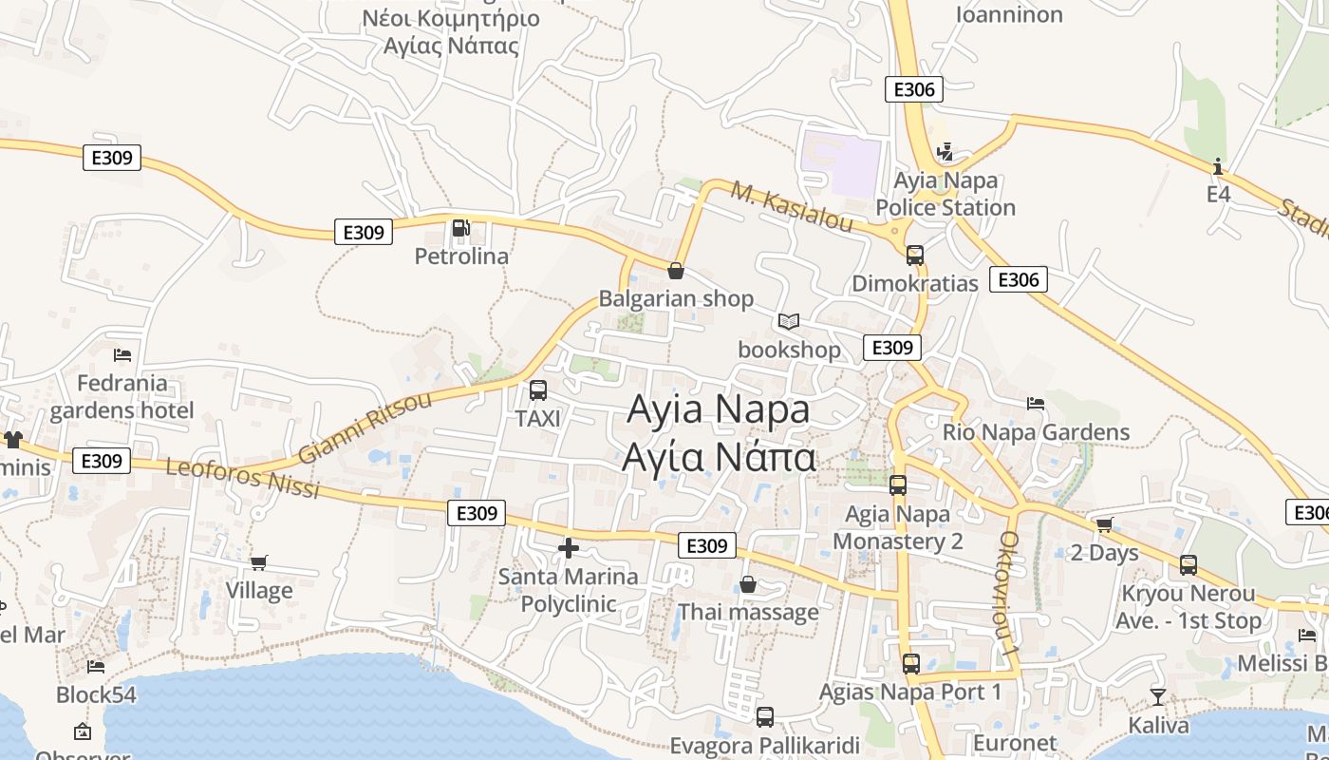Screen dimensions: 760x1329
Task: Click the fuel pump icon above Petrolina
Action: [x=460, y=228]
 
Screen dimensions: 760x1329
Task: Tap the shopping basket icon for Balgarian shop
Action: [x=676, y=271]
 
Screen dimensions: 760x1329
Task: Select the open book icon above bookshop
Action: [x=789, y=321]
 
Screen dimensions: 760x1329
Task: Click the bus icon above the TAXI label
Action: [x=537, y=389]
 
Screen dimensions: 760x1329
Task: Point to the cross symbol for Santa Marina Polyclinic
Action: [x=568, y=548]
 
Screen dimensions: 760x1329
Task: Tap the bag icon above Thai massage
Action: [x=748, y=584]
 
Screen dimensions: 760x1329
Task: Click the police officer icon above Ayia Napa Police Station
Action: [x=945, y=152]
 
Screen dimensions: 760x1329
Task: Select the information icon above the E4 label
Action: [x=1218, y=167]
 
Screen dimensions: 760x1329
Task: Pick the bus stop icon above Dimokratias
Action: [x=915, y=256]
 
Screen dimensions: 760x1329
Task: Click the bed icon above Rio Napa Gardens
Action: [x=1036, y=404]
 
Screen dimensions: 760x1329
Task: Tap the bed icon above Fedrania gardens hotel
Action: [x=122, y=355]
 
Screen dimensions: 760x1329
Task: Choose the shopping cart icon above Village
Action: [x=259, y=562]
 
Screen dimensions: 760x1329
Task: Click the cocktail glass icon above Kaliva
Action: [x=1158, y=697]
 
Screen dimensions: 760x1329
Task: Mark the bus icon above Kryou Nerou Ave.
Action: [x=1189, y=565]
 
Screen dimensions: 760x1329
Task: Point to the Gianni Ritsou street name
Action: [x=365, y=427]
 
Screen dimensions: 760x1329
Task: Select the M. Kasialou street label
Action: [x=792, y=207]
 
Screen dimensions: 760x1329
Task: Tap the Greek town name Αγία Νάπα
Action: [x=719, y=457]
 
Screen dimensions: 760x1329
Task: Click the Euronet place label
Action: [x=1015, y=743]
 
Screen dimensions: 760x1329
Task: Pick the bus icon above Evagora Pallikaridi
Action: [x=765, y=717]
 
